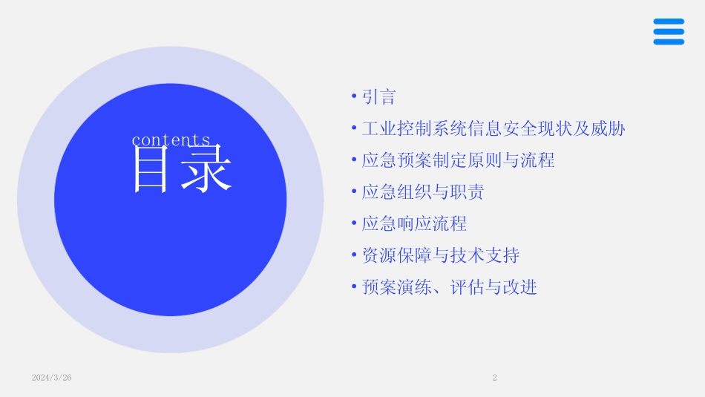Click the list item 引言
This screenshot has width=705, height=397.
tap(378, 97)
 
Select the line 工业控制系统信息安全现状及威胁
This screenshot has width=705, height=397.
tap(493, 129)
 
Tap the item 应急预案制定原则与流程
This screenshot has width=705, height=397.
tap(458, 160)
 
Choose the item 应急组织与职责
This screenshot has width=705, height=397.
tap(423, 192)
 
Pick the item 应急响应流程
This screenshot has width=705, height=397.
tap(414, 224)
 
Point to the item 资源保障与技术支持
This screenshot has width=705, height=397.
tap(440, 256)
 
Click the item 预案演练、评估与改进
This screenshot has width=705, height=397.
tap(449, 287)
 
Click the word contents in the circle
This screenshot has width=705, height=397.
tap(171, 140)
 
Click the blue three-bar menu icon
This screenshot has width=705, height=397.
tap(669, 32)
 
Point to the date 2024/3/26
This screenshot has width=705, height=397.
tap(52, 378)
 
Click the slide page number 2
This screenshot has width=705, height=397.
tap(494, 378)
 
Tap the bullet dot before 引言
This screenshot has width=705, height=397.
tap(354, 97)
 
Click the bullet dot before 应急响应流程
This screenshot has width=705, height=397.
tap(354, 224)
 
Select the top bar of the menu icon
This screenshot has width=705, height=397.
tap(669, 22)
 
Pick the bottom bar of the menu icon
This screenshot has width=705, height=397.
tap(669, 42)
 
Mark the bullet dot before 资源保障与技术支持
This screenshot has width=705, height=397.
tap(354, 256)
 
